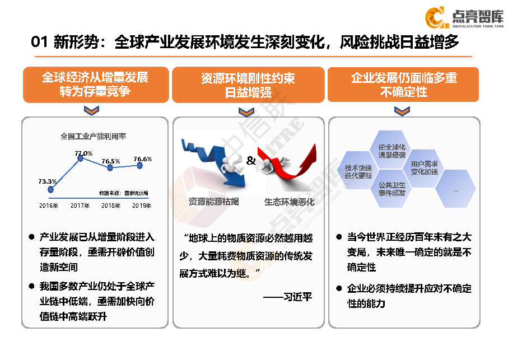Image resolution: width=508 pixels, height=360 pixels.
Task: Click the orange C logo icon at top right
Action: pos(435,17)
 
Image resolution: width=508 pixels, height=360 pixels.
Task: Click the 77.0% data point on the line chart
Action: pos(80,158)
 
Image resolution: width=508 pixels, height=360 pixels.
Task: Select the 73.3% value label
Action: pos(48,181)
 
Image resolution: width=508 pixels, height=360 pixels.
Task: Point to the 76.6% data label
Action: pos(142,159)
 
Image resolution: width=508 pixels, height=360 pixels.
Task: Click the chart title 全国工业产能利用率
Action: pos(93,136)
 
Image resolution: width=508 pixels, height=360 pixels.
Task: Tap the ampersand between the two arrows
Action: pos(251,161)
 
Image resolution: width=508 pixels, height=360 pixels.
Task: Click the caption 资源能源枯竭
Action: pos(213,202)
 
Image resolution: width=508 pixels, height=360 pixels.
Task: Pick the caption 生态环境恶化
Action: pos(290,202)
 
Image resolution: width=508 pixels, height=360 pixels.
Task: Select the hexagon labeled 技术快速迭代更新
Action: pos(358,171)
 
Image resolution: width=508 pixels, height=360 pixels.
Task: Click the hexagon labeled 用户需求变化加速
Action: pos(424,168)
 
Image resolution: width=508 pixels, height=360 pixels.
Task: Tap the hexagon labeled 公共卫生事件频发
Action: pos(392,189)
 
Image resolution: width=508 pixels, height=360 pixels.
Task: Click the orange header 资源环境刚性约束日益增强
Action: pos(248,85)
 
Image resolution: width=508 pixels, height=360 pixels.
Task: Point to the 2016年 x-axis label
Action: pos(49,205)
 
